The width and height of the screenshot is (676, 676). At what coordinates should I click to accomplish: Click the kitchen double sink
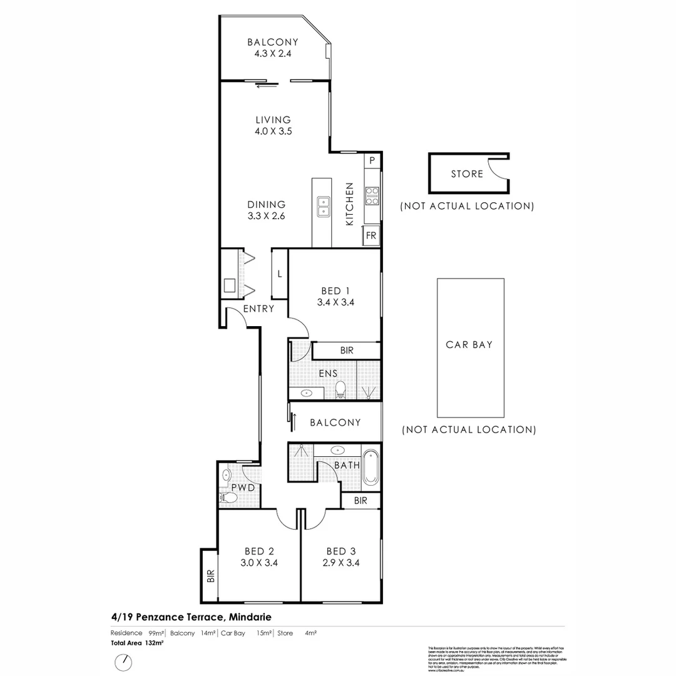click(x=324, y=206)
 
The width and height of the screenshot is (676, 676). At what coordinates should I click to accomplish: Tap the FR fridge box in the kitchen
click(x=371, y=236)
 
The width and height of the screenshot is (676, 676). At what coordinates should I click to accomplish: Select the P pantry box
click(x=372, y=160)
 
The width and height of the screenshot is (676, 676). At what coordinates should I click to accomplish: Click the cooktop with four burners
click(x=372, y=196)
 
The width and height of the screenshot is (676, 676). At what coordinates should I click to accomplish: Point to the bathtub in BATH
click(x=371, y=467)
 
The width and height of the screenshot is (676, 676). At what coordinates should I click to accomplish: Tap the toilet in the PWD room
click(x=227, y=498)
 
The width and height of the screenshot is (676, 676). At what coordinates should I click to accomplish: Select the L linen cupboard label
click(x=279, y=274)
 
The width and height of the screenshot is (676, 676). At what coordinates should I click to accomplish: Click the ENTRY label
click(x=259, y=309)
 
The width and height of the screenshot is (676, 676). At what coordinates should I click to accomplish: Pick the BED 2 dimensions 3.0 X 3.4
click(x=259, y=563)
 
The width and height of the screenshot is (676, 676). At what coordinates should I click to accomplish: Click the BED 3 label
click(x=341, y=551)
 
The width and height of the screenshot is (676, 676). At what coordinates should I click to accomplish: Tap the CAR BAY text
click(x=469, y=344)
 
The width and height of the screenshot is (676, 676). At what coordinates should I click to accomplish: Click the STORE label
click(x=467, y=173)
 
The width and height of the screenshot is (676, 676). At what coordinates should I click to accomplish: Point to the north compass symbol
click(x=124, y=661)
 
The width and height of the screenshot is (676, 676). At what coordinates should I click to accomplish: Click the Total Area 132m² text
click(x=137, y=643)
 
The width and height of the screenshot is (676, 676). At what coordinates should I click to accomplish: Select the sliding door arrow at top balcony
click(x=265, y=86)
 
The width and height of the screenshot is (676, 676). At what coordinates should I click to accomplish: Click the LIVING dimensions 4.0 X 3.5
click(x=274, y=131)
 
